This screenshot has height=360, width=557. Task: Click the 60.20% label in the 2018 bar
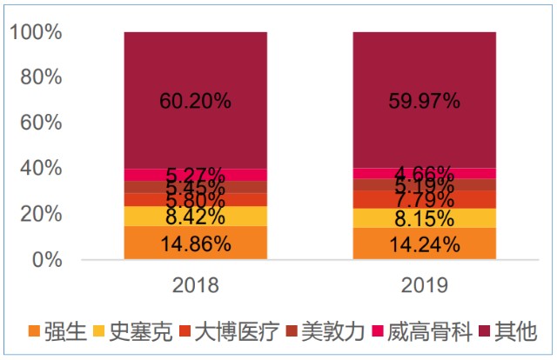pyautogui.click(x=195, y=101)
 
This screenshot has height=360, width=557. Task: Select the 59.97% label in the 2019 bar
pyautogui.click(x=424, y=101)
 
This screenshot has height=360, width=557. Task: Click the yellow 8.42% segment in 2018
pyautogui.click(x=195, y=216)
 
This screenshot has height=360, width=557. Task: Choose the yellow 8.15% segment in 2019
pyautogui.click(x=424, y=218)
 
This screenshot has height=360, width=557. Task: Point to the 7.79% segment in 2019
pyautogui.click(x=424, y=200)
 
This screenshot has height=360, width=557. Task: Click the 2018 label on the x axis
pyautogui.click(x=195, y=285)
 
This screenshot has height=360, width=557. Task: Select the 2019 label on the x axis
pyautogui.click(x=424, y=285)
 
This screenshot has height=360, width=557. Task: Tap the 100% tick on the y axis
pyautogui.click(x=36, y=33)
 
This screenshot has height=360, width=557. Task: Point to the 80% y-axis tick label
pyautogui.click(x=41, y=78)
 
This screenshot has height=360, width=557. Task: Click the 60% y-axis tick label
pyautogui.click(x=41, y=123)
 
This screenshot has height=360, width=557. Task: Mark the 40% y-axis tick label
pyautogui.click(x=41, y=169)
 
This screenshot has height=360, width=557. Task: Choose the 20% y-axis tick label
pyautogui.click(x=41, y=214)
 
